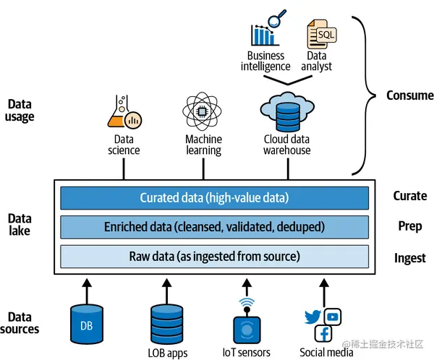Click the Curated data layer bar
coord(214,198)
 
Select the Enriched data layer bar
coord(214,227)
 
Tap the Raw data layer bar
coord(214,256)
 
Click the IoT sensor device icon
coord(247,327)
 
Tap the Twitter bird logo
coord(312,317)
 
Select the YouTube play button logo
coord(333,316)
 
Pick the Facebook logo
coord(323,334)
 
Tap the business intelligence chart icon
coord(265,30)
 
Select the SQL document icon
coord(323,30)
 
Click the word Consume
coord(409,95)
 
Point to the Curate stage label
coord(409,196)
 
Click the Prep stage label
coord(409,226)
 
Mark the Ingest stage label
coord(409,258)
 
